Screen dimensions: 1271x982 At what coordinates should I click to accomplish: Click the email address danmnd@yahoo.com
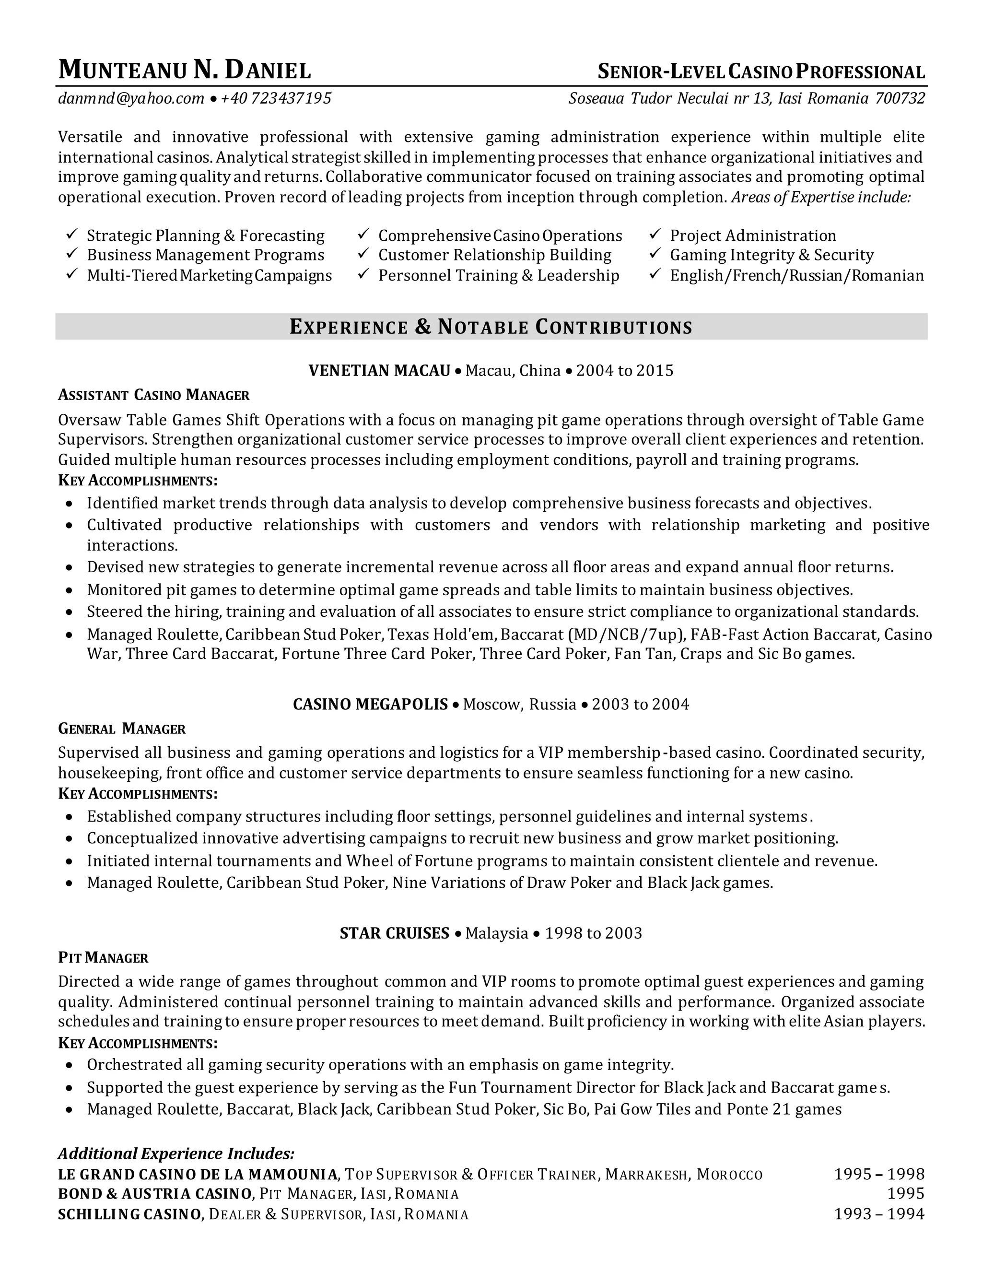click(131, 98)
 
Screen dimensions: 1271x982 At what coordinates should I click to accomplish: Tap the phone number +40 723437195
click(276, 98)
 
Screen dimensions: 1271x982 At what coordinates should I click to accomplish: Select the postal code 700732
click(900, 98)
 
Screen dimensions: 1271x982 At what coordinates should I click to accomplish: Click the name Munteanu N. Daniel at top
click(185, 71)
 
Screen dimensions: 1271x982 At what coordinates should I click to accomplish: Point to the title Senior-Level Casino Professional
click(761, 71)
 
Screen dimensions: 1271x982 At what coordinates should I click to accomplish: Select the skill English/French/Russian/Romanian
click(796, 275)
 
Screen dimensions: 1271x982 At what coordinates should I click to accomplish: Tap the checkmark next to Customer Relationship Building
click(363, 254)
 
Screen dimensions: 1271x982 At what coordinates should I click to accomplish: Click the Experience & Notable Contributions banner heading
click(491, 327)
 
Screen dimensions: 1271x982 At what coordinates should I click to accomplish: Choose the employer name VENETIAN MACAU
click(379, 371)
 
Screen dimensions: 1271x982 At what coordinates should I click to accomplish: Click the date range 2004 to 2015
click(624, 371)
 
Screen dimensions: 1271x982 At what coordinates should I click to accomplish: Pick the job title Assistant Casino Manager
click(153, 395)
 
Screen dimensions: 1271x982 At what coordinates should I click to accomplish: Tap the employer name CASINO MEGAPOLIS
click(370, 704)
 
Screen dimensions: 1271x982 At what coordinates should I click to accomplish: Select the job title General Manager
click(122, 729)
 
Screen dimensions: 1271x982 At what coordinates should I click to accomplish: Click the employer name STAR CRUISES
click(395, 933)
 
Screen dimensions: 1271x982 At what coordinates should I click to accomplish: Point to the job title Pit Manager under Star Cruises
click(103, 957)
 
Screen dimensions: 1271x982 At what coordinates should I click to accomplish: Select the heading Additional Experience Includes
click(176, 1153)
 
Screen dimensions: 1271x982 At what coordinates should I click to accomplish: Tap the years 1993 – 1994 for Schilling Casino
click(879, 1213)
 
